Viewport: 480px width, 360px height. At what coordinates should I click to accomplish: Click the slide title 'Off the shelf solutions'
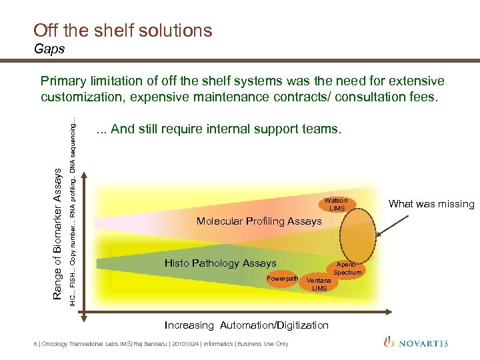tap(123, 31)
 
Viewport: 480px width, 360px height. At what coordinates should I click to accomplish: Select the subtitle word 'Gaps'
tap(49, 49)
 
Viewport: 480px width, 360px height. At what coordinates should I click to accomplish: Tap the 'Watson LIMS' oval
tap(336, 205)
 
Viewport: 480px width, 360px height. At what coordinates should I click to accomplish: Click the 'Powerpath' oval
tap(283, 278)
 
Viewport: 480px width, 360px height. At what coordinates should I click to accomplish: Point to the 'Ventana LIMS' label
tap(319, 284)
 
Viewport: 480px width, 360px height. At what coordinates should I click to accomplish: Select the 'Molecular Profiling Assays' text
tap(259, 221)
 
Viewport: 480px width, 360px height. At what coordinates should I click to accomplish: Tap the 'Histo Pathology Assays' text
tap(220, 263)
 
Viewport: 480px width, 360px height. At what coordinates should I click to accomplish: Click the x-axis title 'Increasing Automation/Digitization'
tap(247, 325)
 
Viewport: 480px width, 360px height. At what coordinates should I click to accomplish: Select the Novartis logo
tap(416, 343)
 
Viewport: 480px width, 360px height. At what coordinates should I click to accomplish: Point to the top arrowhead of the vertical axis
tap(85, 175)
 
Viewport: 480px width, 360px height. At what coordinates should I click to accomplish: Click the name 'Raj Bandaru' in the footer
tap(153, 344)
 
